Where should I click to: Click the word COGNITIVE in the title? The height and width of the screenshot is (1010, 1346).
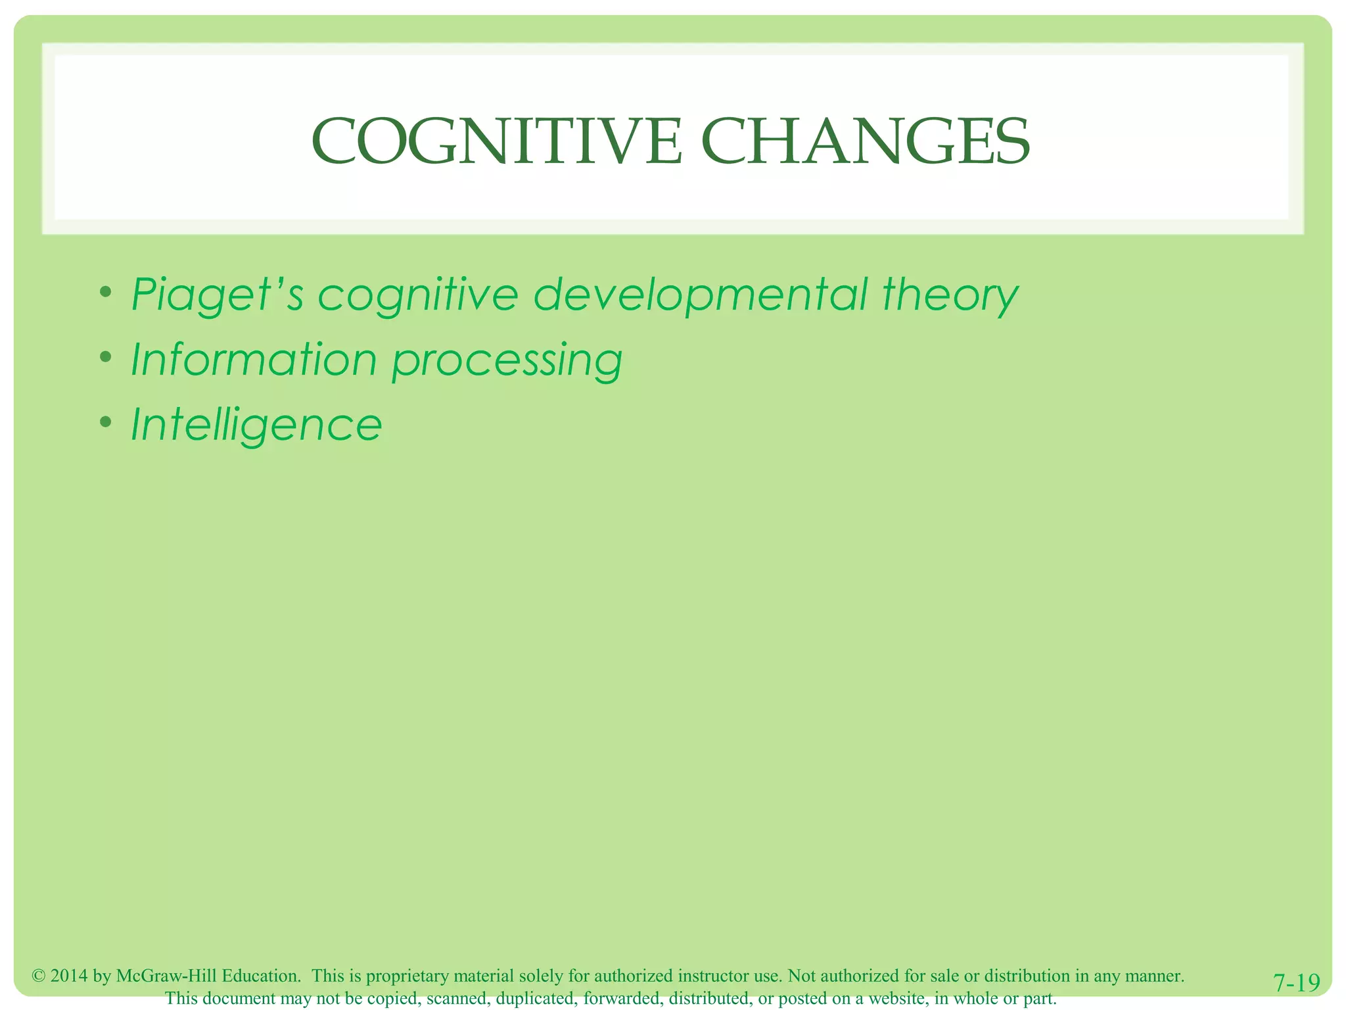click(497, 142)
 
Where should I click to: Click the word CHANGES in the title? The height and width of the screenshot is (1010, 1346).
click(866, 142)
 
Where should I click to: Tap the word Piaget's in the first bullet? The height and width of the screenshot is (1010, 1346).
click(218, 295)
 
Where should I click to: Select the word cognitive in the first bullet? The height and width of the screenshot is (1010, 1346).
click(418, 295)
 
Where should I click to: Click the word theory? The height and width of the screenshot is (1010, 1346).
click(950, 295)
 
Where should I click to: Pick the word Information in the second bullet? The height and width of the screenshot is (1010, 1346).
click(254, 360)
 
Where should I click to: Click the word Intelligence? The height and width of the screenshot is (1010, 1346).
click(256, 425)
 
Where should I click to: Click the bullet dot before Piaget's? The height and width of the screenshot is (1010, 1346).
click(105, 291)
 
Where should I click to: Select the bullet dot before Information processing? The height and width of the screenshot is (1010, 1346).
click(105, 356)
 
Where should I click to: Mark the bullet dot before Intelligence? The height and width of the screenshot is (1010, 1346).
click(105, 421)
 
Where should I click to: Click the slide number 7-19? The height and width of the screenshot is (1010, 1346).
click(1297, 983)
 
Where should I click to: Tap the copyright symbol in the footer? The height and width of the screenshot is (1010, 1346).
click(39, 976)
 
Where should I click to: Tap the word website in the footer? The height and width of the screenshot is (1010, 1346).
click(897, 998)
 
